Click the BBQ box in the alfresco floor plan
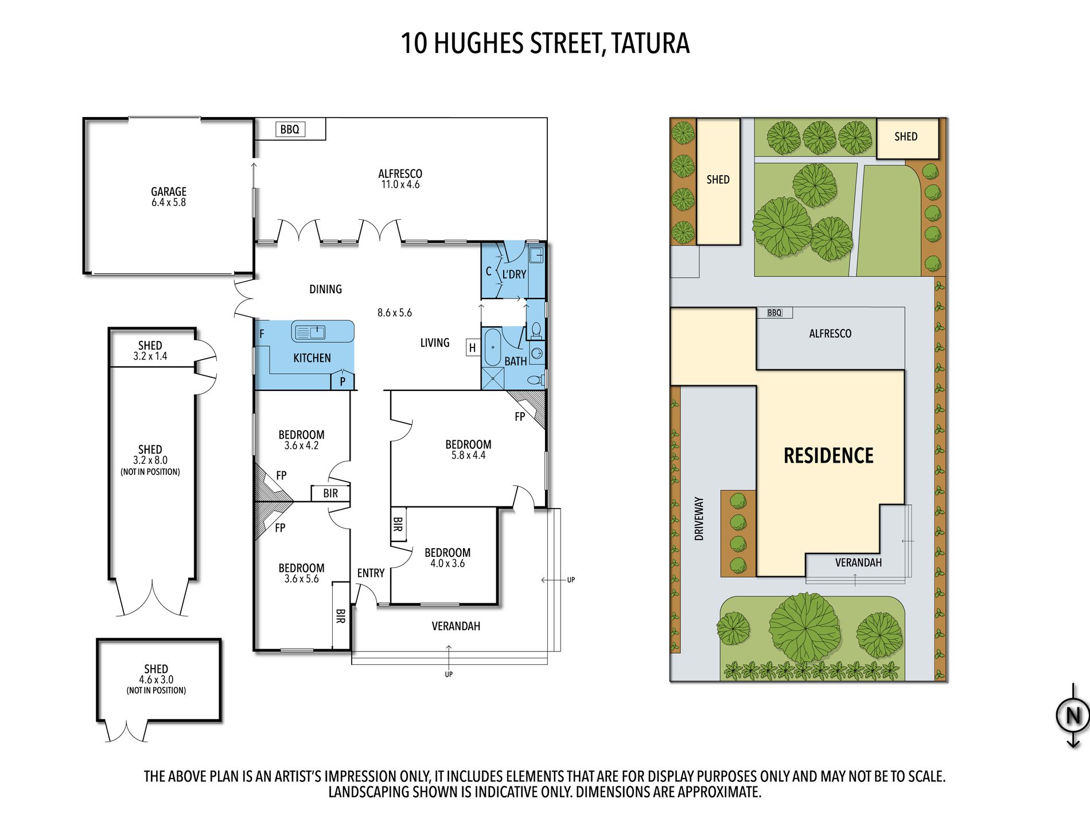(x=290, y=129)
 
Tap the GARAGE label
(x=169, y=191)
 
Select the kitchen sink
(x=309, y=332)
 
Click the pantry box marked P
(x=342, y=381)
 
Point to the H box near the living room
(x=473, y=347)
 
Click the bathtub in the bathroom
(x=492, y=347)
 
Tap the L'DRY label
(x=514, y=274)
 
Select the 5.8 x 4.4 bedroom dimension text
(x=468, y=455)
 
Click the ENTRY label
(x=371, y=573)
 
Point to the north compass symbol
(x=1073, y=715)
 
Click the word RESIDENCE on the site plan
(x=828, y=456)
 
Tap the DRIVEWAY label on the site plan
(x=699, y=518)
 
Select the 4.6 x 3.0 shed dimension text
(x=156, y=680)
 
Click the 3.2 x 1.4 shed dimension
(x=150, y=356)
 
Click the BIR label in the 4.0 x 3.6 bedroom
(x=398, y=524)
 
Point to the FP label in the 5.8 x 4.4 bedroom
(x=520, y=417)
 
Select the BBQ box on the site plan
(x=774, y=313)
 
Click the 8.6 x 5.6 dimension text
(x=395, y=313)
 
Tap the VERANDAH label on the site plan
(x=858, y=563)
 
